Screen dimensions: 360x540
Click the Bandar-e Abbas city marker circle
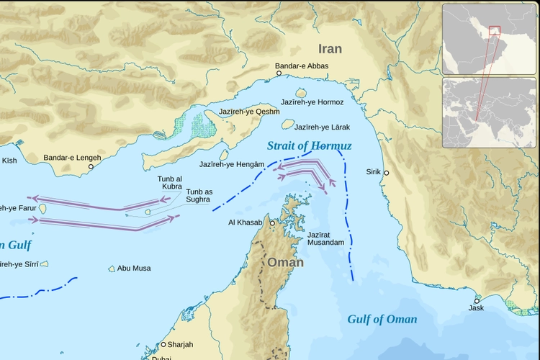pyautogui.click(x=279, y=73)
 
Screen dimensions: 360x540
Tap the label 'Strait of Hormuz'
pyautogui.click(x=309, y=146)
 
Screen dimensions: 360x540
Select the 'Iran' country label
pyautogui.click(x=330, y=49)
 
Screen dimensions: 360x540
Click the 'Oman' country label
pyautogui.click(x=286, y=263)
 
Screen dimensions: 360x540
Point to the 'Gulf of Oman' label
pyautogui.click(x=382, y=319)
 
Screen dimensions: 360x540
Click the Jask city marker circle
pyautogui.click(x=477, y=300)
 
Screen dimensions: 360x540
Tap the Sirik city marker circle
pyautogui.click(x=386, y=173)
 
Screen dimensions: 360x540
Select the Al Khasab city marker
pyautogui.click(x=272, y=223)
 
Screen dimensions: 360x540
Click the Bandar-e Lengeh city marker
pyautogui.click(x=91, y=166)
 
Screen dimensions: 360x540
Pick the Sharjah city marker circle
pyautogui.click(x=163, y=344)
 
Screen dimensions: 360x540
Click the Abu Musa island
pyautogui.click(x=112, y=269)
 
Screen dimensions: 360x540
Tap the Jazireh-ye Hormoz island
pyautogui.click(x=301, y=93)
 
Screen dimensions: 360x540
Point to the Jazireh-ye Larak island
pyautogui.click(x=288, y=124)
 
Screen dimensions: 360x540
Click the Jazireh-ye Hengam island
pyautogui.click(x=224, y=155)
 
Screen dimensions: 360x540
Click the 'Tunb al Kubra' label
pyautogui.click(x=169, y=182)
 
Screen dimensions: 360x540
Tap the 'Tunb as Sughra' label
pyautogui.click(x=198, y=195)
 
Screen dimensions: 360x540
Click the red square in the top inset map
pyautogui.click(x=494, y=30)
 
